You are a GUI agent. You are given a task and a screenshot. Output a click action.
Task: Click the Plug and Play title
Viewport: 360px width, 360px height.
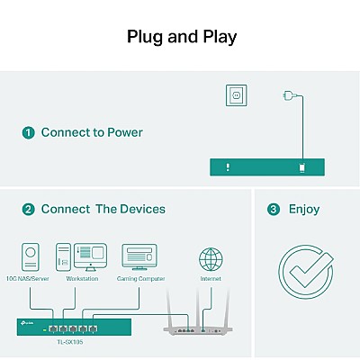click(182, 37)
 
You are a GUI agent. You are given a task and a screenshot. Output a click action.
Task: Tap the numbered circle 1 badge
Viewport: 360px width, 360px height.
click(29, 132)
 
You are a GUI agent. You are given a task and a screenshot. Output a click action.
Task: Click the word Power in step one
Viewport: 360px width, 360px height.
click(125, 132)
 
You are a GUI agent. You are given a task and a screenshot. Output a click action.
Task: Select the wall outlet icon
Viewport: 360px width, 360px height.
click(237, 95)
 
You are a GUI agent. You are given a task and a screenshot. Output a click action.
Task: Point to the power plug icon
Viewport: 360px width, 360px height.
click(290, 95)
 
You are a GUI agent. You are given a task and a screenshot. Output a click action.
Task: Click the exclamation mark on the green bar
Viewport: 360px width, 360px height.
click(228, 167)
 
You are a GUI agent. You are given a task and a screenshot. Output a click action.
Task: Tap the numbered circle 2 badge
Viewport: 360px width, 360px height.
click(29, 210)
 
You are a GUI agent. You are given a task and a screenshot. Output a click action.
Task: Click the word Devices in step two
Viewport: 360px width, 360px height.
click(142, 210)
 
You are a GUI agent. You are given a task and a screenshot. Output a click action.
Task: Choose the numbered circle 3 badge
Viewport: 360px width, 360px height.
click(274, 210)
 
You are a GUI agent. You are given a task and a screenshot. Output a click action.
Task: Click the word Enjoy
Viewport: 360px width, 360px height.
click(304, 210)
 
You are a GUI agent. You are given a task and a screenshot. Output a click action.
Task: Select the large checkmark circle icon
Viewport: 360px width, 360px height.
click(306, 272)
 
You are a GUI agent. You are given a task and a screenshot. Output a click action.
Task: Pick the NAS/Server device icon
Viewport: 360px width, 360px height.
click(31, 257)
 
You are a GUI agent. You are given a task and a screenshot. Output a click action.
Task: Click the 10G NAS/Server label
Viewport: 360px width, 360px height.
click(28, 279)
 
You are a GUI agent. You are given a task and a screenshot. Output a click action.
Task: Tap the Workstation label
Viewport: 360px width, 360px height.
click(82, 279)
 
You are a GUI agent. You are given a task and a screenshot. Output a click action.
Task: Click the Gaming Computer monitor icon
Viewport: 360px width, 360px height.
click(139, 257)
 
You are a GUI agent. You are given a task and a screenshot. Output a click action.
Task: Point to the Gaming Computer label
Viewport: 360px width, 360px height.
click(141, 279)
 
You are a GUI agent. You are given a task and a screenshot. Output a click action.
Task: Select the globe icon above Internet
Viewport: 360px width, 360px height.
click(211, 259)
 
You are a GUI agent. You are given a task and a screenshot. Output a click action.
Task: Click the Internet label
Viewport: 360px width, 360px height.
click(211, 279)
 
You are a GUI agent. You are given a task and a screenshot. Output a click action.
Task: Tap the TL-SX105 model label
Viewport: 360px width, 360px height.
click(70, 342)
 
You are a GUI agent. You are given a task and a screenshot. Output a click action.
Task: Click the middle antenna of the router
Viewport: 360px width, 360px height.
click(197, 308)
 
